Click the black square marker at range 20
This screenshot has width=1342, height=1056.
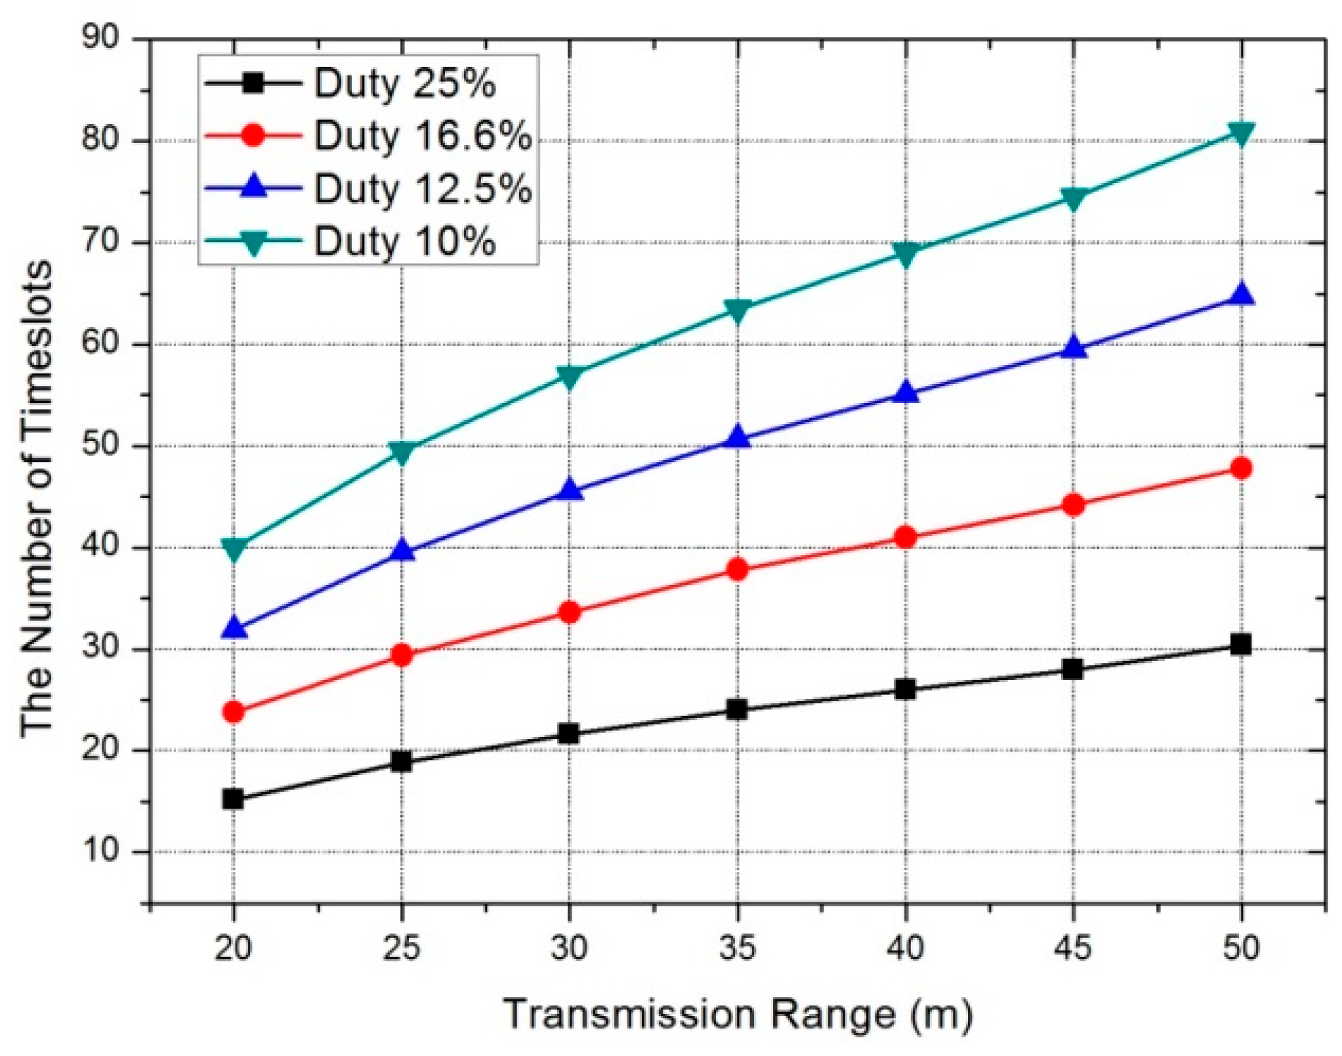pos(234,799)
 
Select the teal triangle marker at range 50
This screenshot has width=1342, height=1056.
pos(1240,133)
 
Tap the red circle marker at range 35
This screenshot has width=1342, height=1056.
pos(737,569)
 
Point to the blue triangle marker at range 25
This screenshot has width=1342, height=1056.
pos(402,551)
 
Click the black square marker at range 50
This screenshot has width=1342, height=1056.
pos(1240,644)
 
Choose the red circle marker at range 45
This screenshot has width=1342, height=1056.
pos(1073,505)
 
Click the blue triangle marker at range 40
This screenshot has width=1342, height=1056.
pos(905,392)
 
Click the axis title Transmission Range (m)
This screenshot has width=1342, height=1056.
pos(737,1013)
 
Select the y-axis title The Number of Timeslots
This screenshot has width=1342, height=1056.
pos(36,499)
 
